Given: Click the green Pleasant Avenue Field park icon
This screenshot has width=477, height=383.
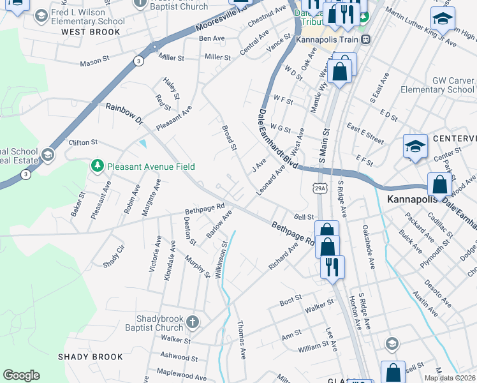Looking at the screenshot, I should (x=97, y=167).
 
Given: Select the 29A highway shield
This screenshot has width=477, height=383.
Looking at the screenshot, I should (x=321, y=187).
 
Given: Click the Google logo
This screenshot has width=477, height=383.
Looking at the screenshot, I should (x=22, y=375).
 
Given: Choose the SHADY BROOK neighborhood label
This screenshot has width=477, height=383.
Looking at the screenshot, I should (x=87, y=356).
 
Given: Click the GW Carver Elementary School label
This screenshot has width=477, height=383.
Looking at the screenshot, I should (x=437, y=86).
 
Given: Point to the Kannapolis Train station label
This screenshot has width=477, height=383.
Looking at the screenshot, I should (x=328, y=40).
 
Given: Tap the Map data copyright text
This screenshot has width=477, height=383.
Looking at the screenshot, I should (x=450, y=378).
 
